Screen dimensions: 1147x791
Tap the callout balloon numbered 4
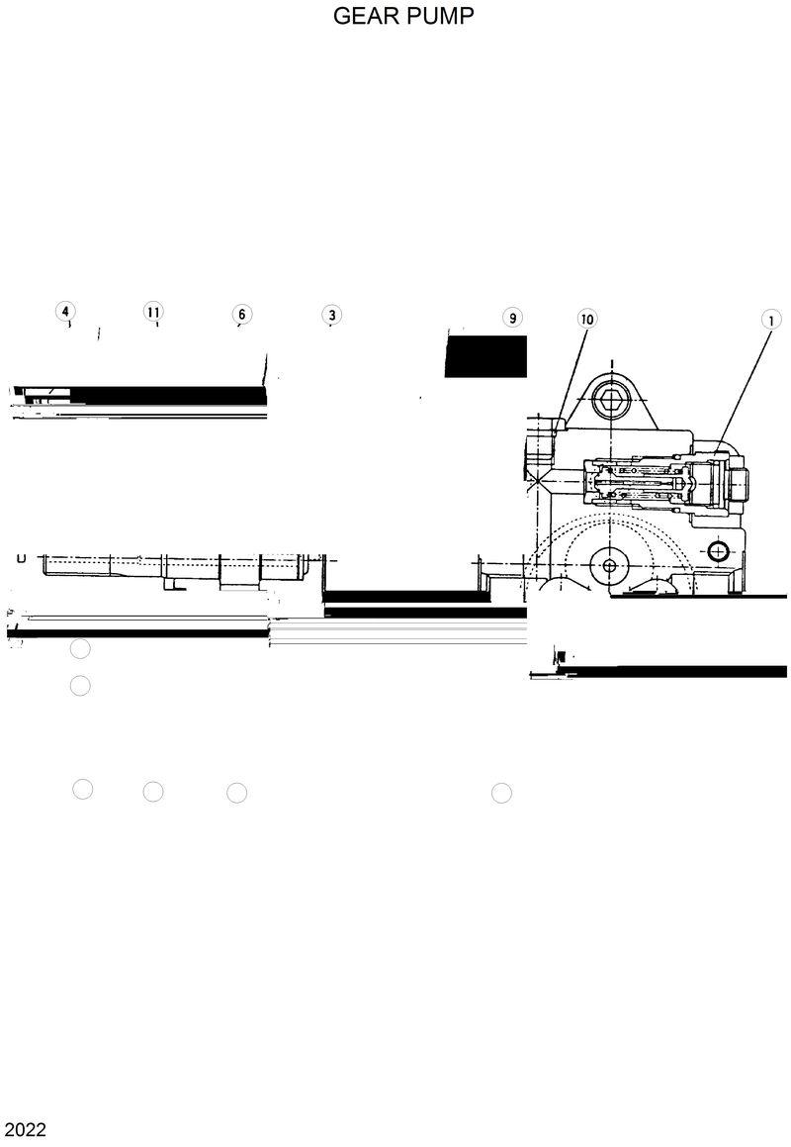pos(65,313)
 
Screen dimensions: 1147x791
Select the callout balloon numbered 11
pos(153,313)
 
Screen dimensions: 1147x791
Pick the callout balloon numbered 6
pos(241,315)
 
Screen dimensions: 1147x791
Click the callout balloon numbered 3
pos(331,315)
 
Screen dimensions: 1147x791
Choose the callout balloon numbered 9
pos(511,318)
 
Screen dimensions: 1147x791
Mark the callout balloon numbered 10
pos(587,319)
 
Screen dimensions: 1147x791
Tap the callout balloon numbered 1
pos(770,319)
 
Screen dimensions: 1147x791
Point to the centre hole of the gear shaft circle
pos(608,565)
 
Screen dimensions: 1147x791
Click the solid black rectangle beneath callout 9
pos(485,356)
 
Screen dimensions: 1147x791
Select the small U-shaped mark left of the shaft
pos(21,559)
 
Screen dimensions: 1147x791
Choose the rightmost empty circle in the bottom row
pos(501,793)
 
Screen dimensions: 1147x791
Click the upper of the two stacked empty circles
pos(80,649)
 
